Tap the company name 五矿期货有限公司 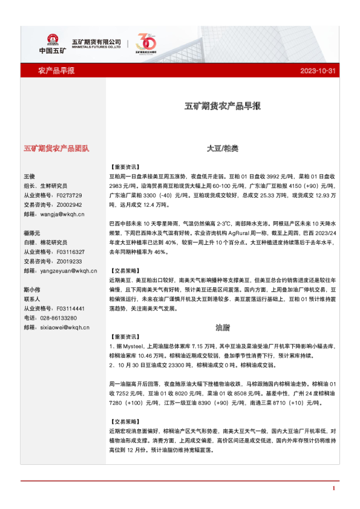pos(96,42)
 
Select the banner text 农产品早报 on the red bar pos(56,71)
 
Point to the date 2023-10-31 pos(318,71)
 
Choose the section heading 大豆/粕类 pos(222,148)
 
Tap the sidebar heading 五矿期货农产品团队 pos(56,148)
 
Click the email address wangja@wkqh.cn pos(54,214)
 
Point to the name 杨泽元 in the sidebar pos(32,233)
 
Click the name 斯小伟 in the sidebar pos(32,290)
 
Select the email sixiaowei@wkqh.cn pos(57,327)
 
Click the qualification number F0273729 pos(68,195)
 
